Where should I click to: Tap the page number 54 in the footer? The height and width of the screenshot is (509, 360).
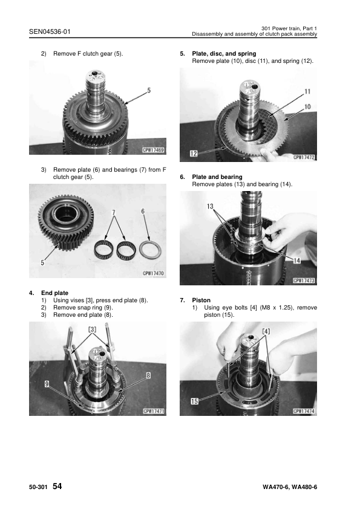[x=57, y=486]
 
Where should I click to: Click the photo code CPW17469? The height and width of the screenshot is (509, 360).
[x=154, y=149]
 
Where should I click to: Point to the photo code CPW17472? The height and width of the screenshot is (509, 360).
[x=304, y=157]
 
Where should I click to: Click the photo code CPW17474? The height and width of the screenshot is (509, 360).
[x=304, y=411]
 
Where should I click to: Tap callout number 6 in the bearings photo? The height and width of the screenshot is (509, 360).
[x=143, y=211]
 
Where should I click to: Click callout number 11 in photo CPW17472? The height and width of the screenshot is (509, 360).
[x=307, y=91]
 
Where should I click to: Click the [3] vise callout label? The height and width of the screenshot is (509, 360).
[x=93, y=329]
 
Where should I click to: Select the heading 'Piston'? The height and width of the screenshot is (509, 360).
[x=201, y=300]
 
